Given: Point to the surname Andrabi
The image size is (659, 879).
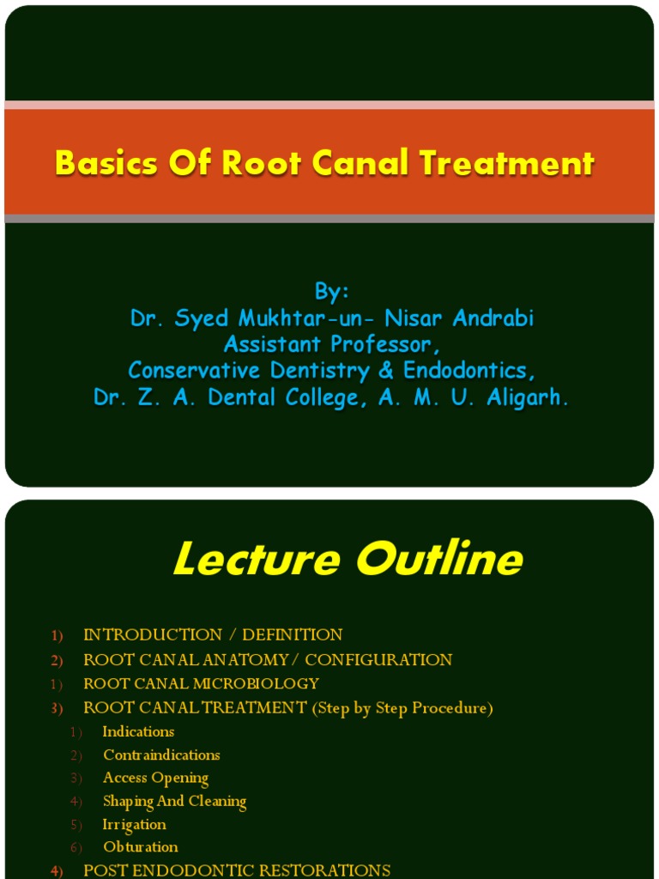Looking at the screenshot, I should [x=492, y=318].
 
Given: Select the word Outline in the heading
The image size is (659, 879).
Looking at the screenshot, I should [x=439, y=561].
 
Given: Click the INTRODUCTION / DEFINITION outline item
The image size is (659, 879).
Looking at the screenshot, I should [x=213, y=635].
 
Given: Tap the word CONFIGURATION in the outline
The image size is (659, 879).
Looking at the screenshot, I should [x=378, y=660].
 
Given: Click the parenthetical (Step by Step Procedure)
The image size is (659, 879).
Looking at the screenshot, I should [x=402, y=709].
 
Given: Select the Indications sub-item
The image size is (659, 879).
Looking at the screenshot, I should [x=138, y=732].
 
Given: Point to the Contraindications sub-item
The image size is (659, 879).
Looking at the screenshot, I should [x=161, y=755].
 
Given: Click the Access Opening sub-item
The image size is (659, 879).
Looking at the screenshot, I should [x=155, y=779].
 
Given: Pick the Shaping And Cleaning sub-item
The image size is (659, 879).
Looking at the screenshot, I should [x=174, y=802].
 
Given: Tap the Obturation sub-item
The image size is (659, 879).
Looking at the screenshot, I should [x=141, y=847].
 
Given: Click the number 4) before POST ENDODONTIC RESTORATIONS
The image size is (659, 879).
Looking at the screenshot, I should [x=57, y=871].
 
